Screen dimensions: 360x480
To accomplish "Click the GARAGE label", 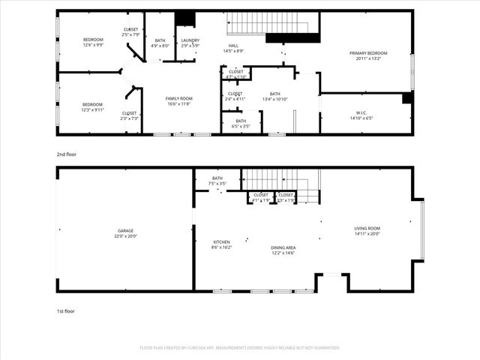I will pyautogui.click(x=126, y=231).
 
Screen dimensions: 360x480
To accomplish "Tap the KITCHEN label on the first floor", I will pyautogui.click(x=221, y=242).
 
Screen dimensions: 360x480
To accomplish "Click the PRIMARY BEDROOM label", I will pyautogui.click(x=368, y=53).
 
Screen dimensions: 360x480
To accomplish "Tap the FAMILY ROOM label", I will pyautogui.click(x=178, y=98).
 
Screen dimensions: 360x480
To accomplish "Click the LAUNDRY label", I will pyautogui.click(x=190, y=40).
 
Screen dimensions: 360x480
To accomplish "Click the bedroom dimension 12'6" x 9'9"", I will pyautogui.click(x=93, y=45).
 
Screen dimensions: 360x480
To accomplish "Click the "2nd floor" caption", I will pyautogui.click(x=66, y=154).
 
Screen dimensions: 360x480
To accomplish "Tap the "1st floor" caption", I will pyautogui.click(x=65, y=310).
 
